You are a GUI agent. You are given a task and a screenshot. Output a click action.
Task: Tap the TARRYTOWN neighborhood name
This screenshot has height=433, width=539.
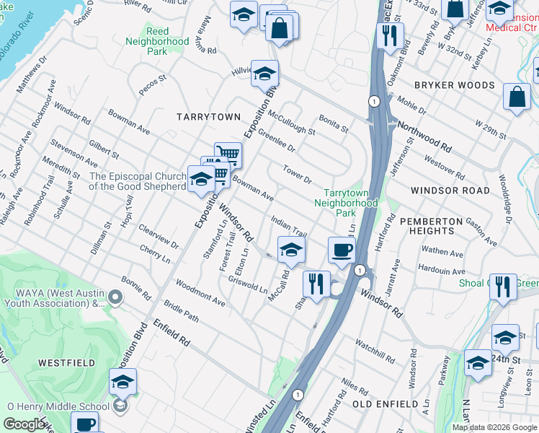[x=197, y=116]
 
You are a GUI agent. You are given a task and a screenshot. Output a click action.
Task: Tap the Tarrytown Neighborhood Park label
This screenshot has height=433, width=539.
[x=349, y=203]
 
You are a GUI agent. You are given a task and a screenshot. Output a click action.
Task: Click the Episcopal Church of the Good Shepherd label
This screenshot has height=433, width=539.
[x=138, y=181]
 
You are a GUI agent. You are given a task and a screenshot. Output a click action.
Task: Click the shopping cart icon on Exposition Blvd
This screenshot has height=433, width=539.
[x=228, y=153]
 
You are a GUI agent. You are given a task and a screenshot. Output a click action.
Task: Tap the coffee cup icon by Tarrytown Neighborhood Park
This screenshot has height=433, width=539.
[x=342, y=250]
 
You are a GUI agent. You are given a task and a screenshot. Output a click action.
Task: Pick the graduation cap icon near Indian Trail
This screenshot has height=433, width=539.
[x=290, y=250]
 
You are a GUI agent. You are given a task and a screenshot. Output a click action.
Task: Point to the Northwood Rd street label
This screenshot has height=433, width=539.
[x=427, y=135]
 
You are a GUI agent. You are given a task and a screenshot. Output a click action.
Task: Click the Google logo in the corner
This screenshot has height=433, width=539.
[x=24, y=424]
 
